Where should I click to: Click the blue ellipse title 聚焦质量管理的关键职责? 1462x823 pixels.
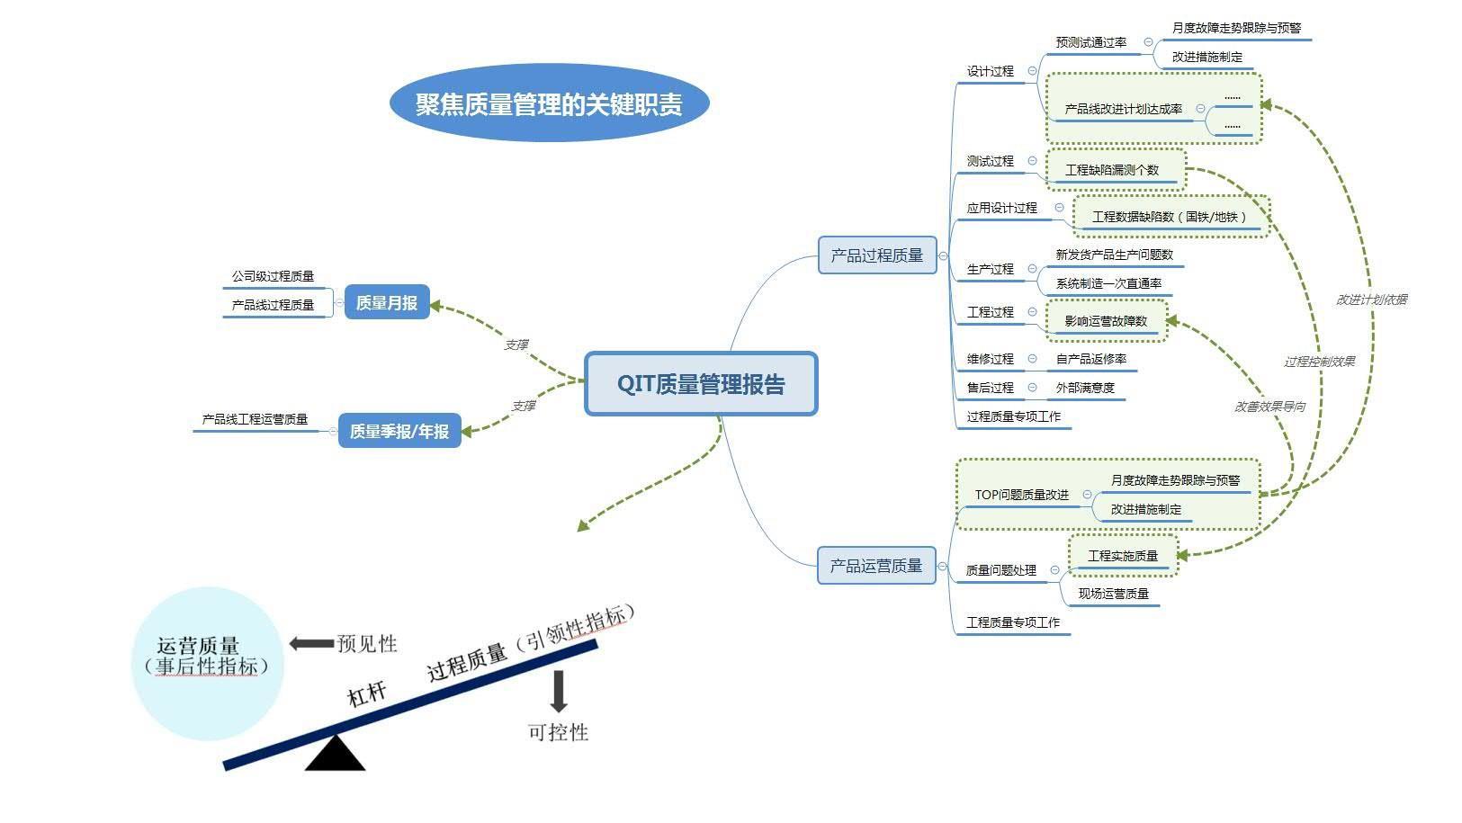[x=549, y=103]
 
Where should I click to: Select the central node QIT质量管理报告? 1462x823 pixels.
[x=701, y=384]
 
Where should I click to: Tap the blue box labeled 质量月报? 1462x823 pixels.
[x=387, y=303]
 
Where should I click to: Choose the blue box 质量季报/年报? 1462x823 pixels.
[x=399, y=431]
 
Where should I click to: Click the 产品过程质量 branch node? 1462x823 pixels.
[x=877, y=255]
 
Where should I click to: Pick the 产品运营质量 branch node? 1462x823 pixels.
[x=876, y=566]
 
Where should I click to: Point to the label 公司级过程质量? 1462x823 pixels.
[x=273, y=276]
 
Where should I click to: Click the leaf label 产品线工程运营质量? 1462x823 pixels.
[x=255, y=419]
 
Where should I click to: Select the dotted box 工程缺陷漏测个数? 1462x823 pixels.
[x=1113, y=169]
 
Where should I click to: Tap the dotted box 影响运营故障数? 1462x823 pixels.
[x=1106, y=321]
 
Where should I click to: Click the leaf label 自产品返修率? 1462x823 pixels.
[x=1090, y=359]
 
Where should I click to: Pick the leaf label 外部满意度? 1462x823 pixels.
[x=1085, y=388]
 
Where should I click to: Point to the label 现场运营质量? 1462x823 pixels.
[x=1114, y=594]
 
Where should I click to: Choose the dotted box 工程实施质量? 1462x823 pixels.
[x=1123, y=556]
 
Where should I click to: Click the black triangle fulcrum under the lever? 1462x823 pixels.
[x=335, y=756]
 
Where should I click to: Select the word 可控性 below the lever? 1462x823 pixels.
[x=558, y=732]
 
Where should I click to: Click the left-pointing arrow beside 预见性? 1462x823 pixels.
[x=311, y=643]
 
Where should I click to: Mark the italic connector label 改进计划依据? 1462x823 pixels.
[x=1371, y=300]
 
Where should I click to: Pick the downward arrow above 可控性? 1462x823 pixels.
[x=559, y=691]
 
